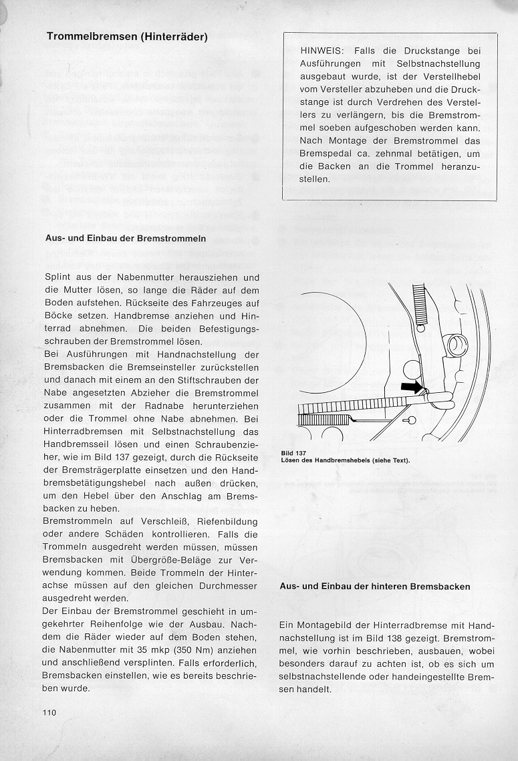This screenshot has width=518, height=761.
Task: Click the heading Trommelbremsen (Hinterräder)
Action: [127, 37]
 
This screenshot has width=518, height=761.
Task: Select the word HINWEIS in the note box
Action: [321, 51]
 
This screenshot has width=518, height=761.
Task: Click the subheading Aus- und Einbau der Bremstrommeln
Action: [125, 239]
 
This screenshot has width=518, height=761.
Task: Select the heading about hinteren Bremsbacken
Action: [374, 587]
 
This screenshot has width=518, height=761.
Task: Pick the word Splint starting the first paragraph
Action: [58, 277]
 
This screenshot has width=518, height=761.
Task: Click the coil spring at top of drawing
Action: [420, 304]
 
